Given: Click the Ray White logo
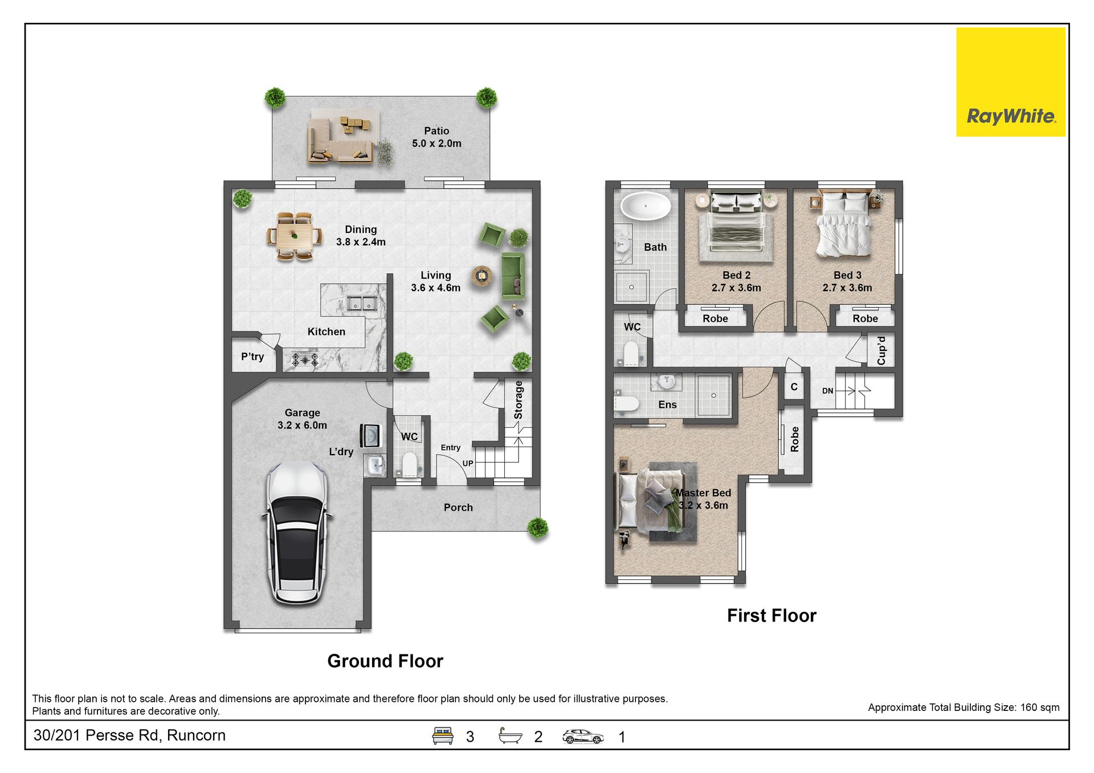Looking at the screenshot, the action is [x=1010, y=82].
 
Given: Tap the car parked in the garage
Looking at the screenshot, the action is [x=296, y=533].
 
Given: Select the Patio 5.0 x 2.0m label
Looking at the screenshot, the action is [x=436, y=137].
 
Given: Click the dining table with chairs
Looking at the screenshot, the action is [x=295, y=236].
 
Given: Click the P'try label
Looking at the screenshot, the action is [x=252, y=357].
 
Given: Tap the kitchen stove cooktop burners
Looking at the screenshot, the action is [x=305, y=359].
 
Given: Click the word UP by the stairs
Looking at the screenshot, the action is [x=468, y=463].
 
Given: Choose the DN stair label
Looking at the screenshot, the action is [x=828, y=391].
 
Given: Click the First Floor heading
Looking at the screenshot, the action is [x=771, y=615].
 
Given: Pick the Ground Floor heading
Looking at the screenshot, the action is [x=385, y=661].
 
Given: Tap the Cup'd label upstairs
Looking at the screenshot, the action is [x=881, y=350].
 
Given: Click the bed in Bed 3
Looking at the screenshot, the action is [x=844, y=224].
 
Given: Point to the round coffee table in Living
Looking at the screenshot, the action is [x=482, y=276].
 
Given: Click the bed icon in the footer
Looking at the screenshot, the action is [x=443, y=735].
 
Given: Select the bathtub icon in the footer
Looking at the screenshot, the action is [x=511, y=735].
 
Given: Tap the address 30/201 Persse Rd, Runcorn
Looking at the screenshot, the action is [x=129, y=735].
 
